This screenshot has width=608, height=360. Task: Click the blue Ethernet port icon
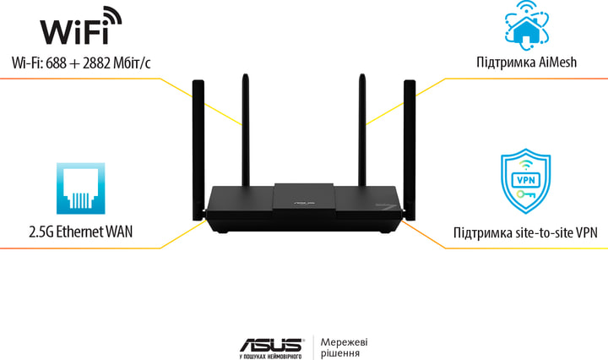80,188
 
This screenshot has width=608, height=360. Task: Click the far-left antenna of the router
198,144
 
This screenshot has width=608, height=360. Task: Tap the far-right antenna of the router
410,144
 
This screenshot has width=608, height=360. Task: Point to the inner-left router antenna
246,127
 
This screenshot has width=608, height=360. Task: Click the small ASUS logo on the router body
302,204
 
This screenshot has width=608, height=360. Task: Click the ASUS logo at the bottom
271,344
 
